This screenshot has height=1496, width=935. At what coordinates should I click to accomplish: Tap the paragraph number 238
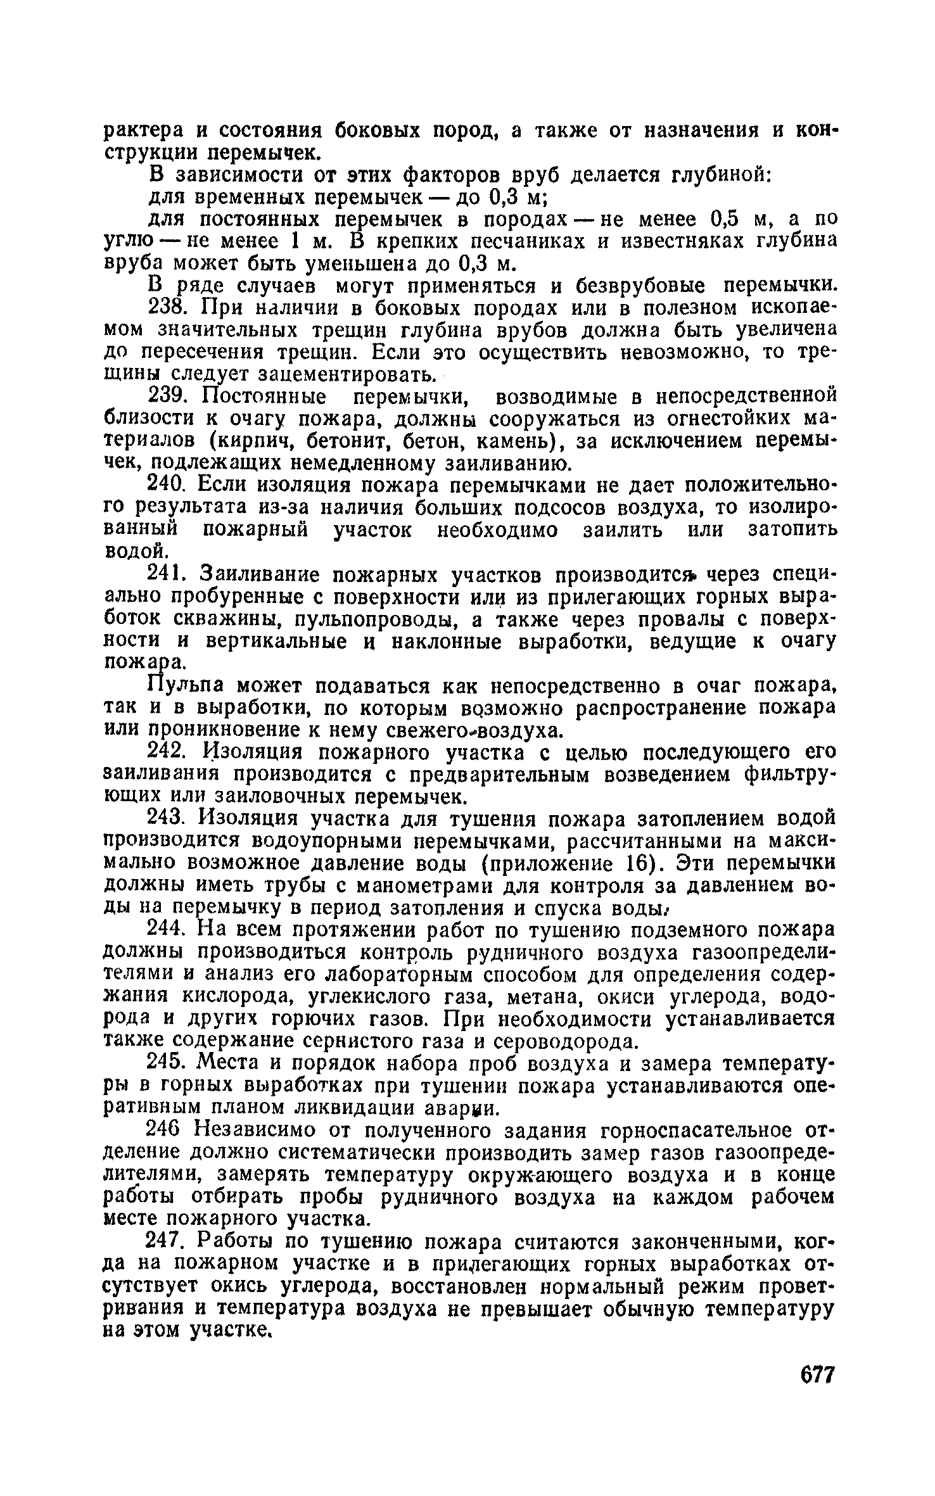click(168, 308)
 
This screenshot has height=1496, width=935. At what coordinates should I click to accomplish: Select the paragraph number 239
click(168, 396)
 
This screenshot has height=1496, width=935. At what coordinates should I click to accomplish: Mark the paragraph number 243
click(168, 819)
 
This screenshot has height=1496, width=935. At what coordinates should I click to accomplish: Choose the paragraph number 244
click(168, 930)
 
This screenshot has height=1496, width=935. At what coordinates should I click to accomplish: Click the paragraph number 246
click(167, 1131)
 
